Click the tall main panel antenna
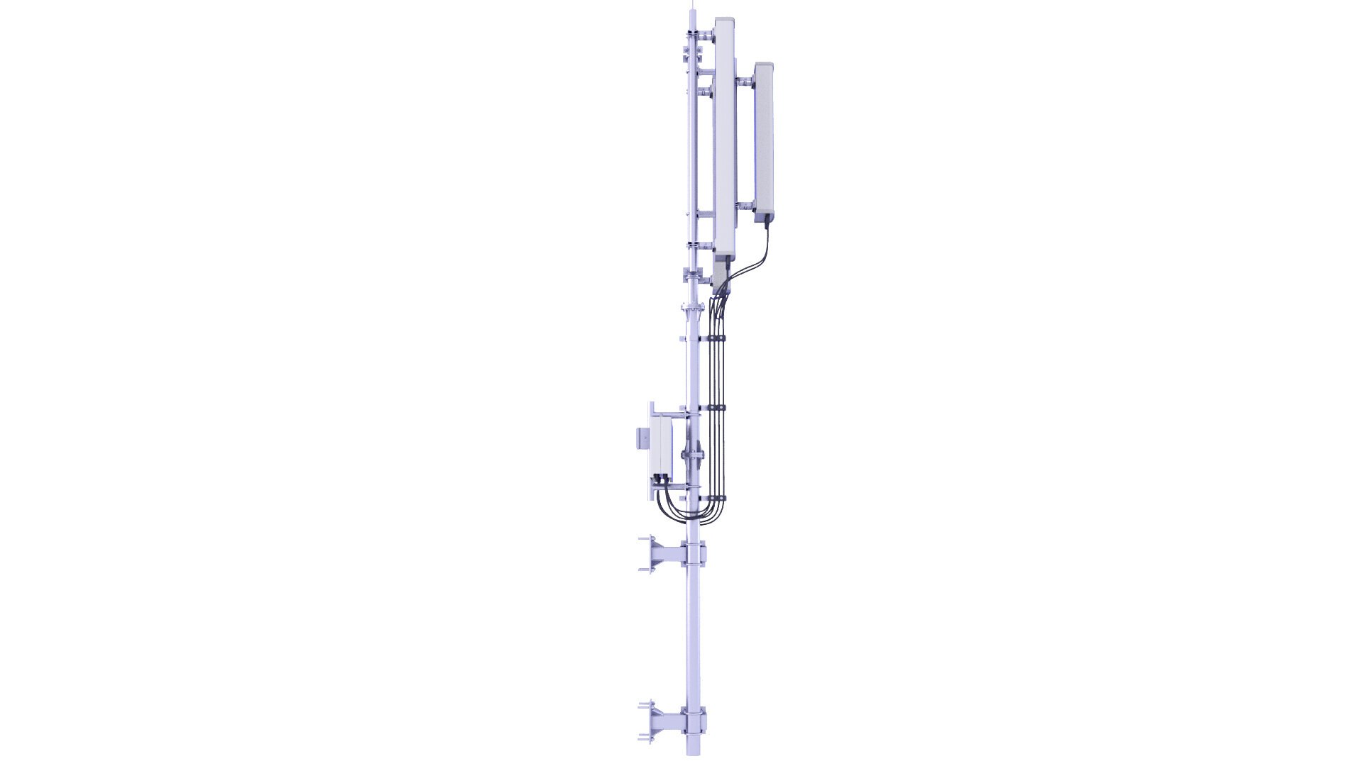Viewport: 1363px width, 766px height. point(725,135)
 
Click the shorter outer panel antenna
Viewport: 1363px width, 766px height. point(763,142)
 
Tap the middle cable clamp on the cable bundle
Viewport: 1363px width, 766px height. point(714,409)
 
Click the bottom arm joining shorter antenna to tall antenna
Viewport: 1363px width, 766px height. point(745,206)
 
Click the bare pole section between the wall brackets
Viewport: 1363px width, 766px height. point(694,638)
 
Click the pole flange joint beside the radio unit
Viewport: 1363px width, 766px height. point(692,454)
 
